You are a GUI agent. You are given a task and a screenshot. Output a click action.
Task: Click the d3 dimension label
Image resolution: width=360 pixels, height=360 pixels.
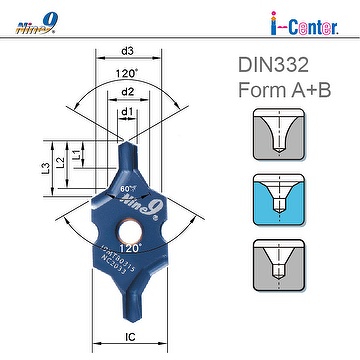pyautogui.click(x=129, y=50)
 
